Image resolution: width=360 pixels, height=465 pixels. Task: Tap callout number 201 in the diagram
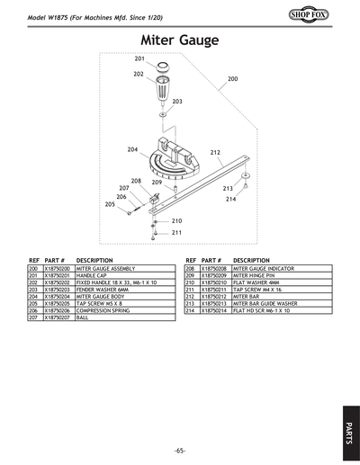click(x=139, y=58)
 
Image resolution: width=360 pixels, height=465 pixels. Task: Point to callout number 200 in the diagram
click(x=232, y=80)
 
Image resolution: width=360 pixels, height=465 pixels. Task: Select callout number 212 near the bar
click(x=215, y=153)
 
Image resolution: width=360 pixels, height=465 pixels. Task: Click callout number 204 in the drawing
click(x=132, y=148)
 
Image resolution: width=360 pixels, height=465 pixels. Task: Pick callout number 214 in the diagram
click(x=231, y=199)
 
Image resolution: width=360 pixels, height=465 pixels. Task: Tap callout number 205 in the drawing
click(x=110, y=204)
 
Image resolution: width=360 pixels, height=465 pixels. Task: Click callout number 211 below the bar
click(x=176, y=232)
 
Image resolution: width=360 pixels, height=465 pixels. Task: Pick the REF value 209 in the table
click(x=190, y=276)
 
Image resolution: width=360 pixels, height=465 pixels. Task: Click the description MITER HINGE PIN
click(x=256, y=276)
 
